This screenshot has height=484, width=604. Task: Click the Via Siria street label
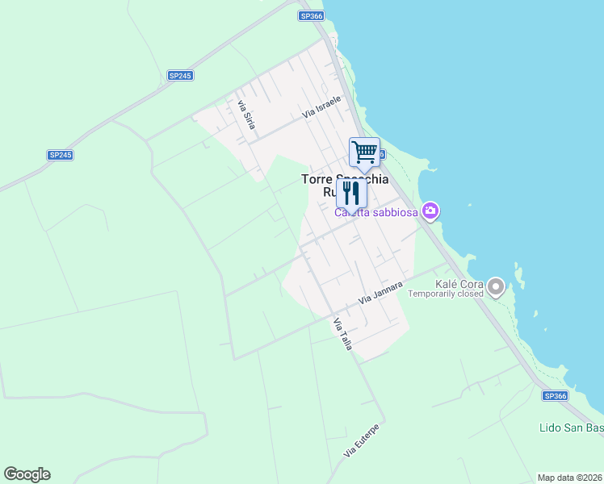point(245,114)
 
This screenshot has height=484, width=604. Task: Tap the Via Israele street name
point(322,107)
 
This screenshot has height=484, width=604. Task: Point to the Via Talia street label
point(342,333)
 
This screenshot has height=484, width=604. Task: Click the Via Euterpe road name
point(361,440)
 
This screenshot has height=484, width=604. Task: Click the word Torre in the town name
point(318,179)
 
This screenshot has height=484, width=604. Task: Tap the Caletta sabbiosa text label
point(376,212)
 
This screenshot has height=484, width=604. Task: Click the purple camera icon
point(430,211)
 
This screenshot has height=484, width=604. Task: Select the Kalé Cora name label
point(458,283)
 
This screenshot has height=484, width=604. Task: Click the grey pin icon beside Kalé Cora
point(496,286)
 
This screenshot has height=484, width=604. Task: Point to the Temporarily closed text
point(446,294)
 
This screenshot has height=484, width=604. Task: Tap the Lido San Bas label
point(570,427)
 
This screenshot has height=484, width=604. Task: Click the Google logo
point(27,474)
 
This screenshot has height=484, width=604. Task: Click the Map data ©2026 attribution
point(568,478)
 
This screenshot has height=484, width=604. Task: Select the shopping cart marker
point(364,152)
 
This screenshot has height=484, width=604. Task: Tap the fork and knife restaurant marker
point(351,194)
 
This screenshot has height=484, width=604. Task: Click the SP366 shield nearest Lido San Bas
point(556,396)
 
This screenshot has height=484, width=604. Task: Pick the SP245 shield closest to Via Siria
point(180,75)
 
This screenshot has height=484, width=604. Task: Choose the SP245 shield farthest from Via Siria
point(60,155)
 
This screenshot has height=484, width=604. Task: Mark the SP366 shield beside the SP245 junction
point(311,15)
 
